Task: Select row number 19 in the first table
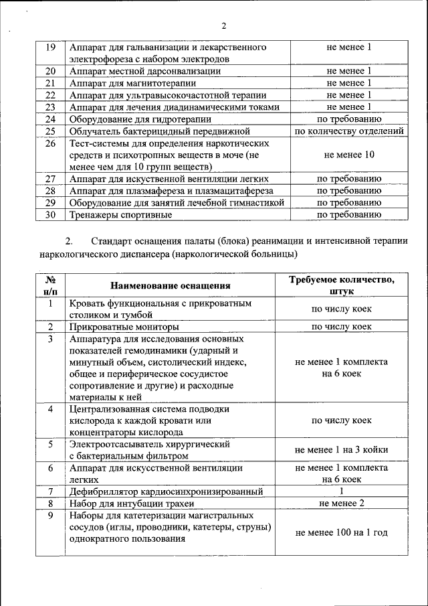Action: [x=50, y=48]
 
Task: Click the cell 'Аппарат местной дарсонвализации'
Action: [x=144, y=71]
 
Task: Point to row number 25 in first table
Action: [x=50, y=131]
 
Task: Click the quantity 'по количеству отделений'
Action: [x=349, y=131]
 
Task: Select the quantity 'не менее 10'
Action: [x=349, y=155]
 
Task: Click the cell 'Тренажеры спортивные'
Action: [x=120, y=215]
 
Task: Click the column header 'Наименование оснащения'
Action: [x=171, y=286]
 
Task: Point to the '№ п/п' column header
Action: [x=50, y=286]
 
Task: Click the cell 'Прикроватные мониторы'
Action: [x=124, y=327]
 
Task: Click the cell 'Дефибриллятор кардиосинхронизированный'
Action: [x=165, y=492]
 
